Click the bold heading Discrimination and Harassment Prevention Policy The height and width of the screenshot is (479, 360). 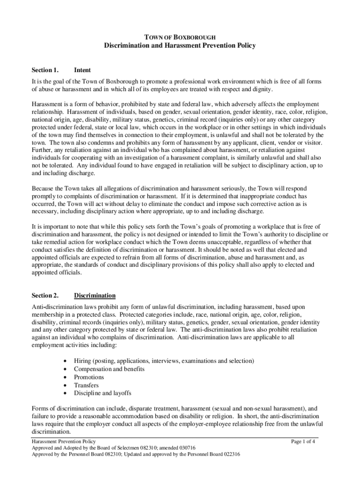[180, 46]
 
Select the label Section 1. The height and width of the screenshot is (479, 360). [45, 70]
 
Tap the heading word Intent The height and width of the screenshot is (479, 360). [83, 70]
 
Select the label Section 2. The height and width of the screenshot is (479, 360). [45, 296]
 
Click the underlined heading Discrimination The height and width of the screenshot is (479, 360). [95, 296]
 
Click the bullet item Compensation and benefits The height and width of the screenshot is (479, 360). [109, 369]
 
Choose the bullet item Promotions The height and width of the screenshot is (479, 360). [89, 377]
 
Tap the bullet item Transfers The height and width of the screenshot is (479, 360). [86, 385]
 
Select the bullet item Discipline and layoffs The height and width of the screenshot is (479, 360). [102, 393]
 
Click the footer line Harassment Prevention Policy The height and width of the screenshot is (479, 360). [64, 441]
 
